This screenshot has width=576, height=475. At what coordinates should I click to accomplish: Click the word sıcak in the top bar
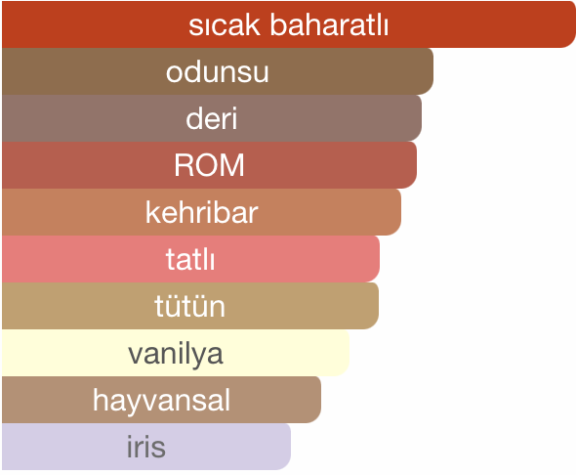(x=225, y=25)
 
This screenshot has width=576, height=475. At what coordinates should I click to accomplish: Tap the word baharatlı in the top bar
(x=329, y=24)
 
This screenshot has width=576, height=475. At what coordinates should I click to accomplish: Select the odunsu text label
(x=217, y=71)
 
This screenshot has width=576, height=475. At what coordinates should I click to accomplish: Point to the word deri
(x=212, y=118)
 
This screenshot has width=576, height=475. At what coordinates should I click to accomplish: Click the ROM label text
(x=209, y=165)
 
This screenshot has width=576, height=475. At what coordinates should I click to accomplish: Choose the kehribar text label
(x=202, y=212)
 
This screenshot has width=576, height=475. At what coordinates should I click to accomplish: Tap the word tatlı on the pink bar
(x=190, y=259)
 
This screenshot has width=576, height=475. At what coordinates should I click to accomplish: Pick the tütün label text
(x=189, y=306)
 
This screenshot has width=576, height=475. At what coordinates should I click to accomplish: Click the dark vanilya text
(x=176, y=354)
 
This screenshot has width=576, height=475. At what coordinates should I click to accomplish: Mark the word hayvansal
(x=161, y=400)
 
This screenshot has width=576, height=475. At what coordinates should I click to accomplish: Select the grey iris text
(x=146, y=447)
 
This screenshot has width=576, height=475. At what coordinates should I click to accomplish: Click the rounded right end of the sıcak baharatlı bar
(x=574, y=24)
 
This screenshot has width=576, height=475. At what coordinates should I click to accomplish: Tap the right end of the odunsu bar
(x=432, y=71)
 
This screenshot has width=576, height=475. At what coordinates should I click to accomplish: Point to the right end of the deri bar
(x=421, y=118)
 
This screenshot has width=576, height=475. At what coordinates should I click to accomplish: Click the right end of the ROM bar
(x=416, y=165)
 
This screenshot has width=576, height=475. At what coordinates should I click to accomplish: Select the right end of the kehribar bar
(x=400, y=212)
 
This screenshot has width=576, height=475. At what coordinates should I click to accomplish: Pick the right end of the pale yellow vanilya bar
(x=349, y=353)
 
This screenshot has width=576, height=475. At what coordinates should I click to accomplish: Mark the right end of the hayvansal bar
(x=320, y=400)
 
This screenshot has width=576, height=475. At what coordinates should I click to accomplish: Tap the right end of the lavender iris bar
(x=290, y=447)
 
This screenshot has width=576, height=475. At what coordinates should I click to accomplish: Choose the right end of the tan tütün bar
(x=378, y=306)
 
